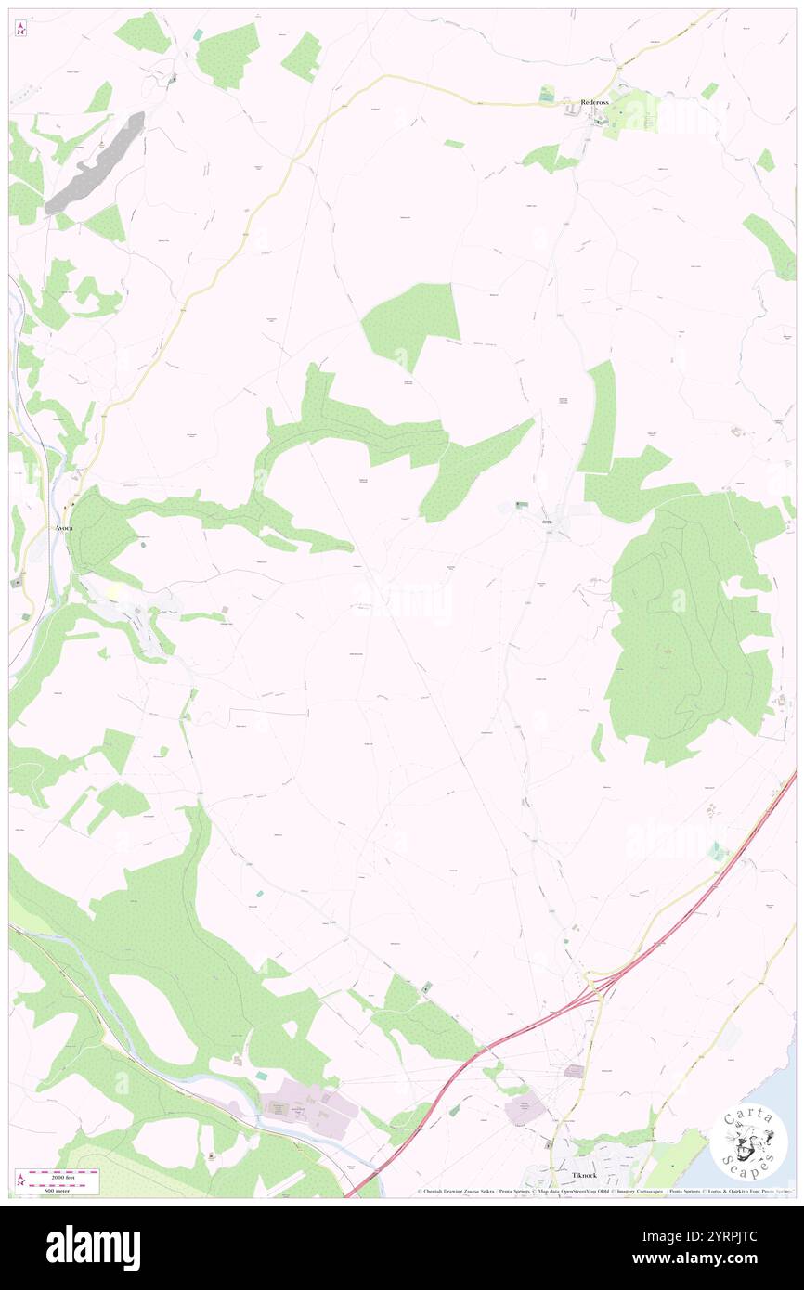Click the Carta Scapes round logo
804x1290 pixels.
pyautogui.click(x=748, y=1142)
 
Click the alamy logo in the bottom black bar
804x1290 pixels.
pyautogui.click(x=93, y=1248)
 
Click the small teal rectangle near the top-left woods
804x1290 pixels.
pyautogui.click(x=198, y=34)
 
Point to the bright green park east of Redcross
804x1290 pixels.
pyautogui.click(x=635, y=116)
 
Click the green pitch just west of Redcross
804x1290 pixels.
pyautogui.click(x=547, y=94)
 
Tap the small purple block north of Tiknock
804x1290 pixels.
pyautogui.click(x=574, y=1071)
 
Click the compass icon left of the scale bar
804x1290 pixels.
pyautogui.click(x=20, y=1179)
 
